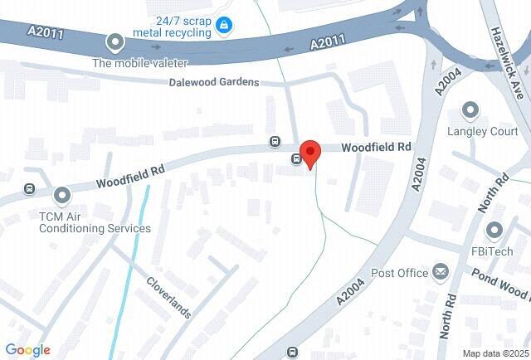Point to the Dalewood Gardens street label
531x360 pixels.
click(x=213, y=82)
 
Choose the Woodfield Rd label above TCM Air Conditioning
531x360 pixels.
click(x=130, y=173)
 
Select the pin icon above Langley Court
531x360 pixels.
click(x=471, y=110)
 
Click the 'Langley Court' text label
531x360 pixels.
click(x=482, y=131)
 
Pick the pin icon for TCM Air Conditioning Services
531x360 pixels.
click(x=61, y=196)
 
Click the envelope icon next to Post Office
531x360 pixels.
click(x=440, y=271)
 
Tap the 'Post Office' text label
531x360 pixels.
click(x=399, y=272)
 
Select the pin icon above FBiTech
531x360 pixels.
click(x=495, y=230)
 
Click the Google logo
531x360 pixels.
click(x=27, y=350)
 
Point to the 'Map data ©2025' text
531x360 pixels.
click(x=495, y=353)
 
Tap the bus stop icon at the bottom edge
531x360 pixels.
click(x=291, y=353)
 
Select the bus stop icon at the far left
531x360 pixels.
click(x=29, y=187)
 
